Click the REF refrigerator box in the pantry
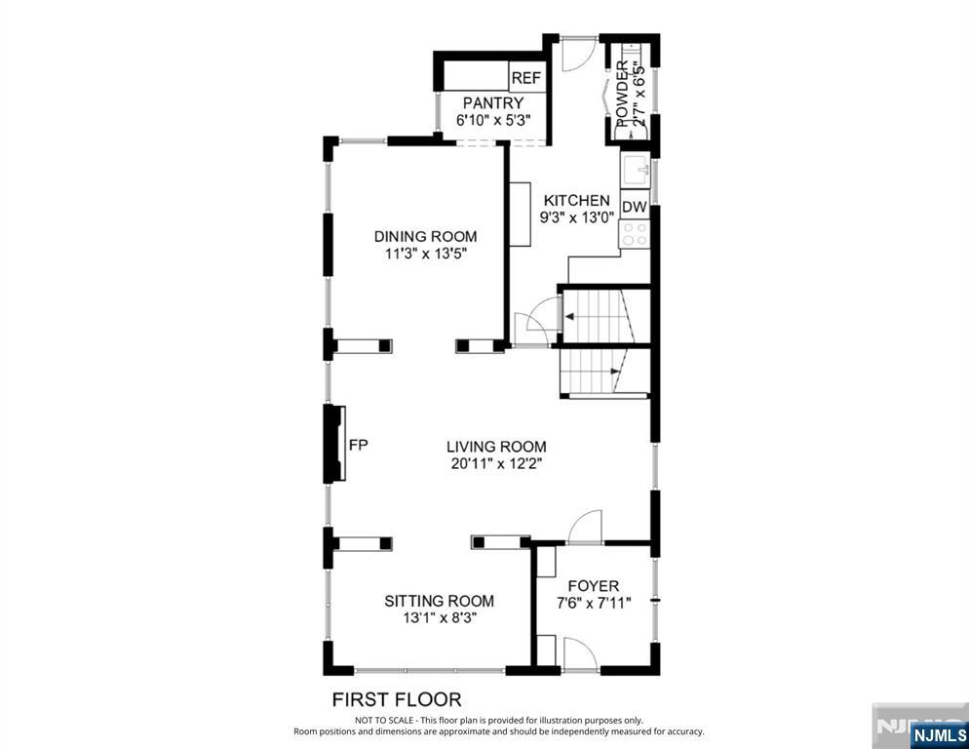[526, 77]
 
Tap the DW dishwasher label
[634, 207]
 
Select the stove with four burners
[635, 234]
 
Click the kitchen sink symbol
[636, 170]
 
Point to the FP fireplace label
[359, 445]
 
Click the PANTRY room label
[493, 102]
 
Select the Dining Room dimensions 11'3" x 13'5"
[425, 254]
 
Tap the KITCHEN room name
[576, 200]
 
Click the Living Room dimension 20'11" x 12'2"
[496, 464]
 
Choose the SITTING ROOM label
[440, 601]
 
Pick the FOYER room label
[594, 586]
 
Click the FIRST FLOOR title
[397, 699]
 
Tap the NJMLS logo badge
[939, 735]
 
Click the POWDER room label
[622, 94]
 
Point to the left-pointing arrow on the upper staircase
[569, 317]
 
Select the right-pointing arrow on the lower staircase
[615, 372]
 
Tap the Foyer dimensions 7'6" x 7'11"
[594, 603]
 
